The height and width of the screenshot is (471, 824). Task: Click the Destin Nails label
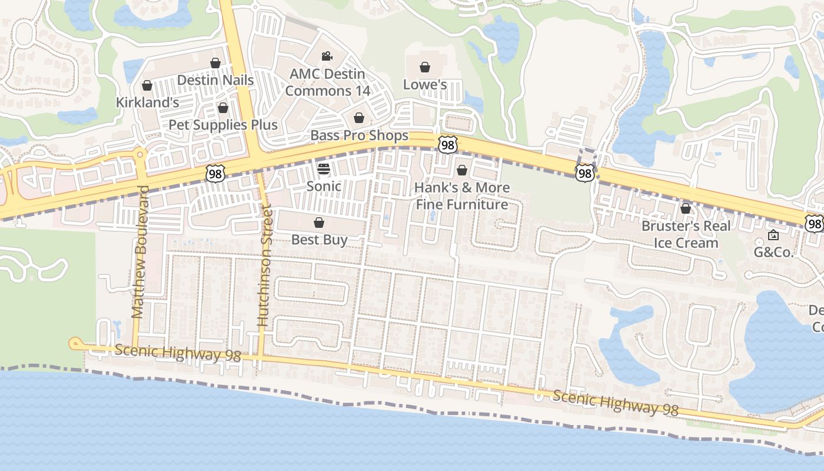(215, 80)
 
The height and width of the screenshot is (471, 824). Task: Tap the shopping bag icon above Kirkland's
(147, 86)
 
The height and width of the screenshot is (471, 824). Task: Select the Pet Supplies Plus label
(223, 125)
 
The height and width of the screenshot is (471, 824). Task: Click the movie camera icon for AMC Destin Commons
(327, 57)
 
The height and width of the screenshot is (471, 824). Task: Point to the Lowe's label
(425, 85)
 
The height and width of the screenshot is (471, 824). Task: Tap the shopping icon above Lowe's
(424, 68)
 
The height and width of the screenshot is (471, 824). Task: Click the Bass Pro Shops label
(359, 135)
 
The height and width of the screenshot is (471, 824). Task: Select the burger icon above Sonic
(324, 170)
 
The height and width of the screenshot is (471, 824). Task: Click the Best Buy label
(320, 240)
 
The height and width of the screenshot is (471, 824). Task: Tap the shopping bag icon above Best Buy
(319, 223)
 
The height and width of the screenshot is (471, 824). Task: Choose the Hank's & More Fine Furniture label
(462, 196)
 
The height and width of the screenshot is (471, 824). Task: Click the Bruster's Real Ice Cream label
(686, 234)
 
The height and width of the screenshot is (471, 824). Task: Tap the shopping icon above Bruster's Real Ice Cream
(686, 208)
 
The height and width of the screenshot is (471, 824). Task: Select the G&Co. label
(774, 253)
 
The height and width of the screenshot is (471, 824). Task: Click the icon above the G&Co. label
(773, 235)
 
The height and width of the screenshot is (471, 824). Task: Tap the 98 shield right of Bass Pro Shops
(447, 144)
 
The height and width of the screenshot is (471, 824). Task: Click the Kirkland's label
(147, 102)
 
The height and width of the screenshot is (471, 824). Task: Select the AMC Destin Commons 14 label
(327, 82)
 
